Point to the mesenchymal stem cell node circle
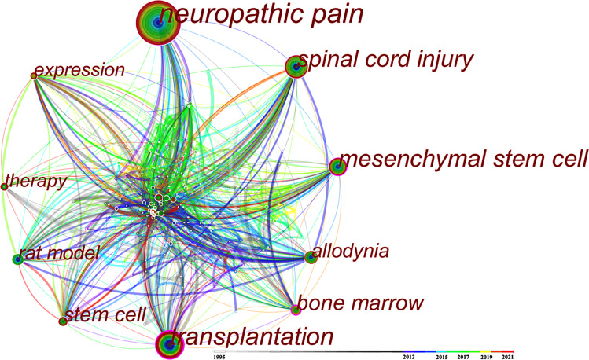[337, 167]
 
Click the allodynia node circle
[311, 256]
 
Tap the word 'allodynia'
[351, 252]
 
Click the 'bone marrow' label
[362, 303]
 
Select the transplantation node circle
[167, 343]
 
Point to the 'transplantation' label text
[252, 337]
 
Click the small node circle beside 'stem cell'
[63, 321]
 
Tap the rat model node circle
[19, 259]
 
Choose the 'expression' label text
[79, 71]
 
